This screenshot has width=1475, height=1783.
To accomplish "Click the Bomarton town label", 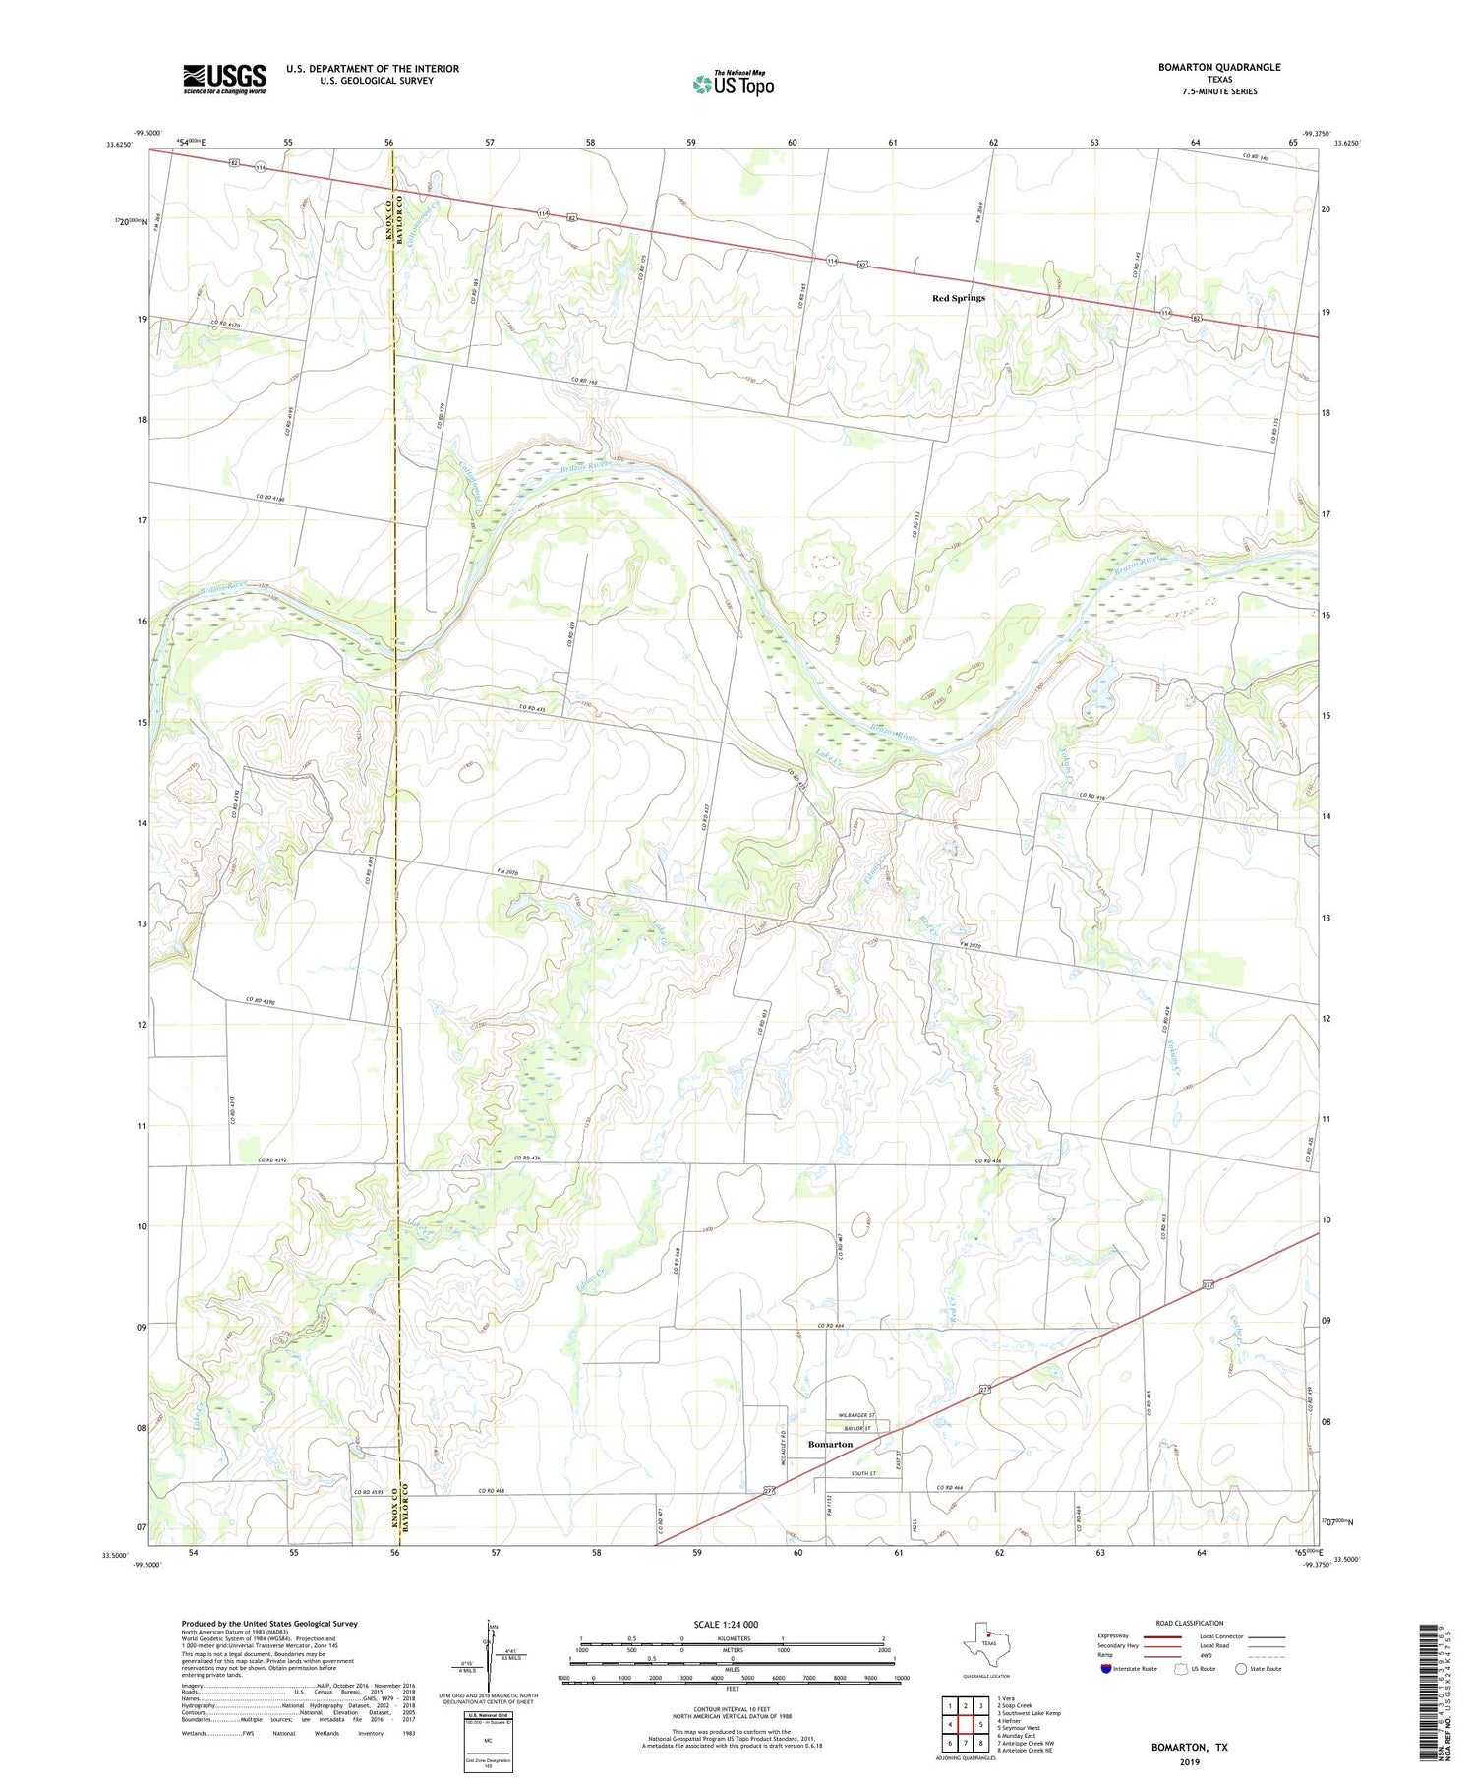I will coord(830,1444).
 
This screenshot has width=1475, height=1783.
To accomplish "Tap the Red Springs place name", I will coord(958,298).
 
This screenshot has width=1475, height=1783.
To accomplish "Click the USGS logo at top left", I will coord(224,79).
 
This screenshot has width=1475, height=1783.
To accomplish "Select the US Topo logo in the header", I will coord(733,85).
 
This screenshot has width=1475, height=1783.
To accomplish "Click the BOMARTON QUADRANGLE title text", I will coord(1218,67).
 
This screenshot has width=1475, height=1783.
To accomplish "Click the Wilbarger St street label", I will coord(858,1415).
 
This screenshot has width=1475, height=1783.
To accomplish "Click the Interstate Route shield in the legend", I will coord(1105,1669).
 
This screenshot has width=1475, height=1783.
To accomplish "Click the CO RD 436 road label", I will coord(528,1159).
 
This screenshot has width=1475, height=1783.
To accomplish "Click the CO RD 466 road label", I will coord(951,1488).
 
